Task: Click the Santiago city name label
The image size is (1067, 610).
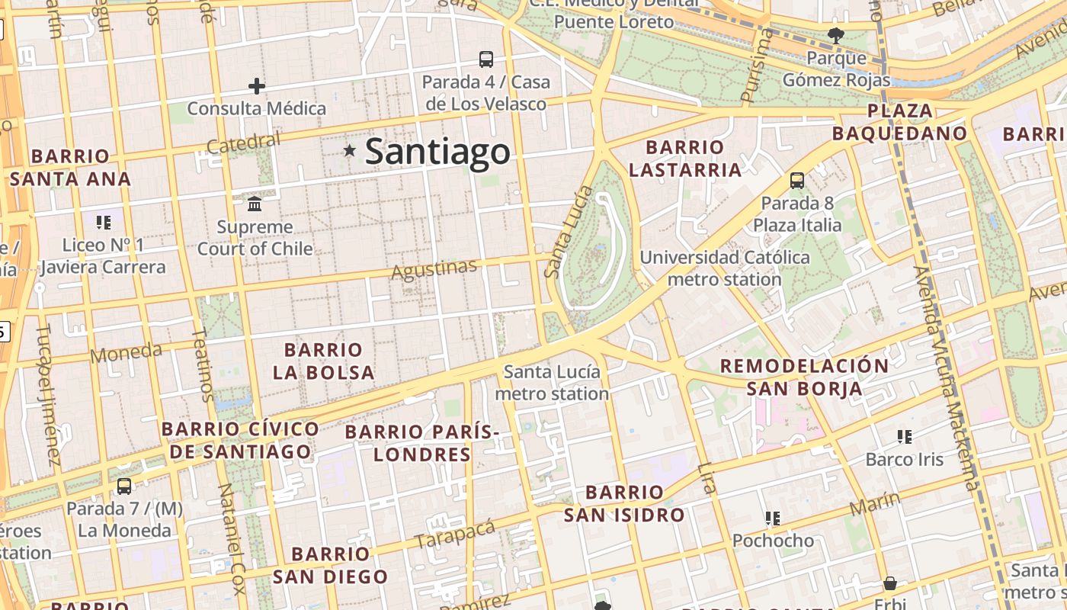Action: (437, 152)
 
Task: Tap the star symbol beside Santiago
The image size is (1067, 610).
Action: (350, 151)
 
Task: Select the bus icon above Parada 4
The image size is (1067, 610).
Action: (485, 59)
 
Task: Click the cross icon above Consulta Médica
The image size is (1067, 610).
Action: (257, 86)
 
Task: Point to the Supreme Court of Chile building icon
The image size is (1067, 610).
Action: (255, 204)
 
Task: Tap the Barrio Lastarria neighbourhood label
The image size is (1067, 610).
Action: (684, 159)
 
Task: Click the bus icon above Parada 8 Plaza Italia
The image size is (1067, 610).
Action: (797, 181)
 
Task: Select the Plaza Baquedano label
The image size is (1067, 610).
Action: (899, 122)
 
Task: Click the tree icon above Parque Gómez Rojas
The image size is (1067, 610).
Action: (836, 34)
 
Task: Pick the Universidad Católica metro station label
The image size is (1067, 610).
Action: (724, 268)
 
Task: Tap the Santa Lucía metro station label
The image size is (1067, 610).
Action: (552, 383)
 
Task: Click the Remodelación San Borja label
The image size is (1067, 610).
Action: (804, 377)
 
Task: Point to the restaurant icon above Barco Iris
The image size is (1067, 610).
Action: (905, 437)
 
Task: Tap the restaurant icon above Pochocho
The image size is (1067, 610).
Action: (773, 518)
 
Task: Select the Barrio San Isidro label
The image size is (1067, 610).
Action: (624, 503)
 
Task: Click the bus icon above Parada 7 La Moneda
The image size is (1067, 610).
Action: (124, 486)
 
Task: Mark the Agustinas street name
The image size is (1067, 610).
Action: (434, 269)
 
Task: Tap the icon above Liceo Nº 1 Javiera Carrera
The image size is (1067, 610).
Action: (103, 223)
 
